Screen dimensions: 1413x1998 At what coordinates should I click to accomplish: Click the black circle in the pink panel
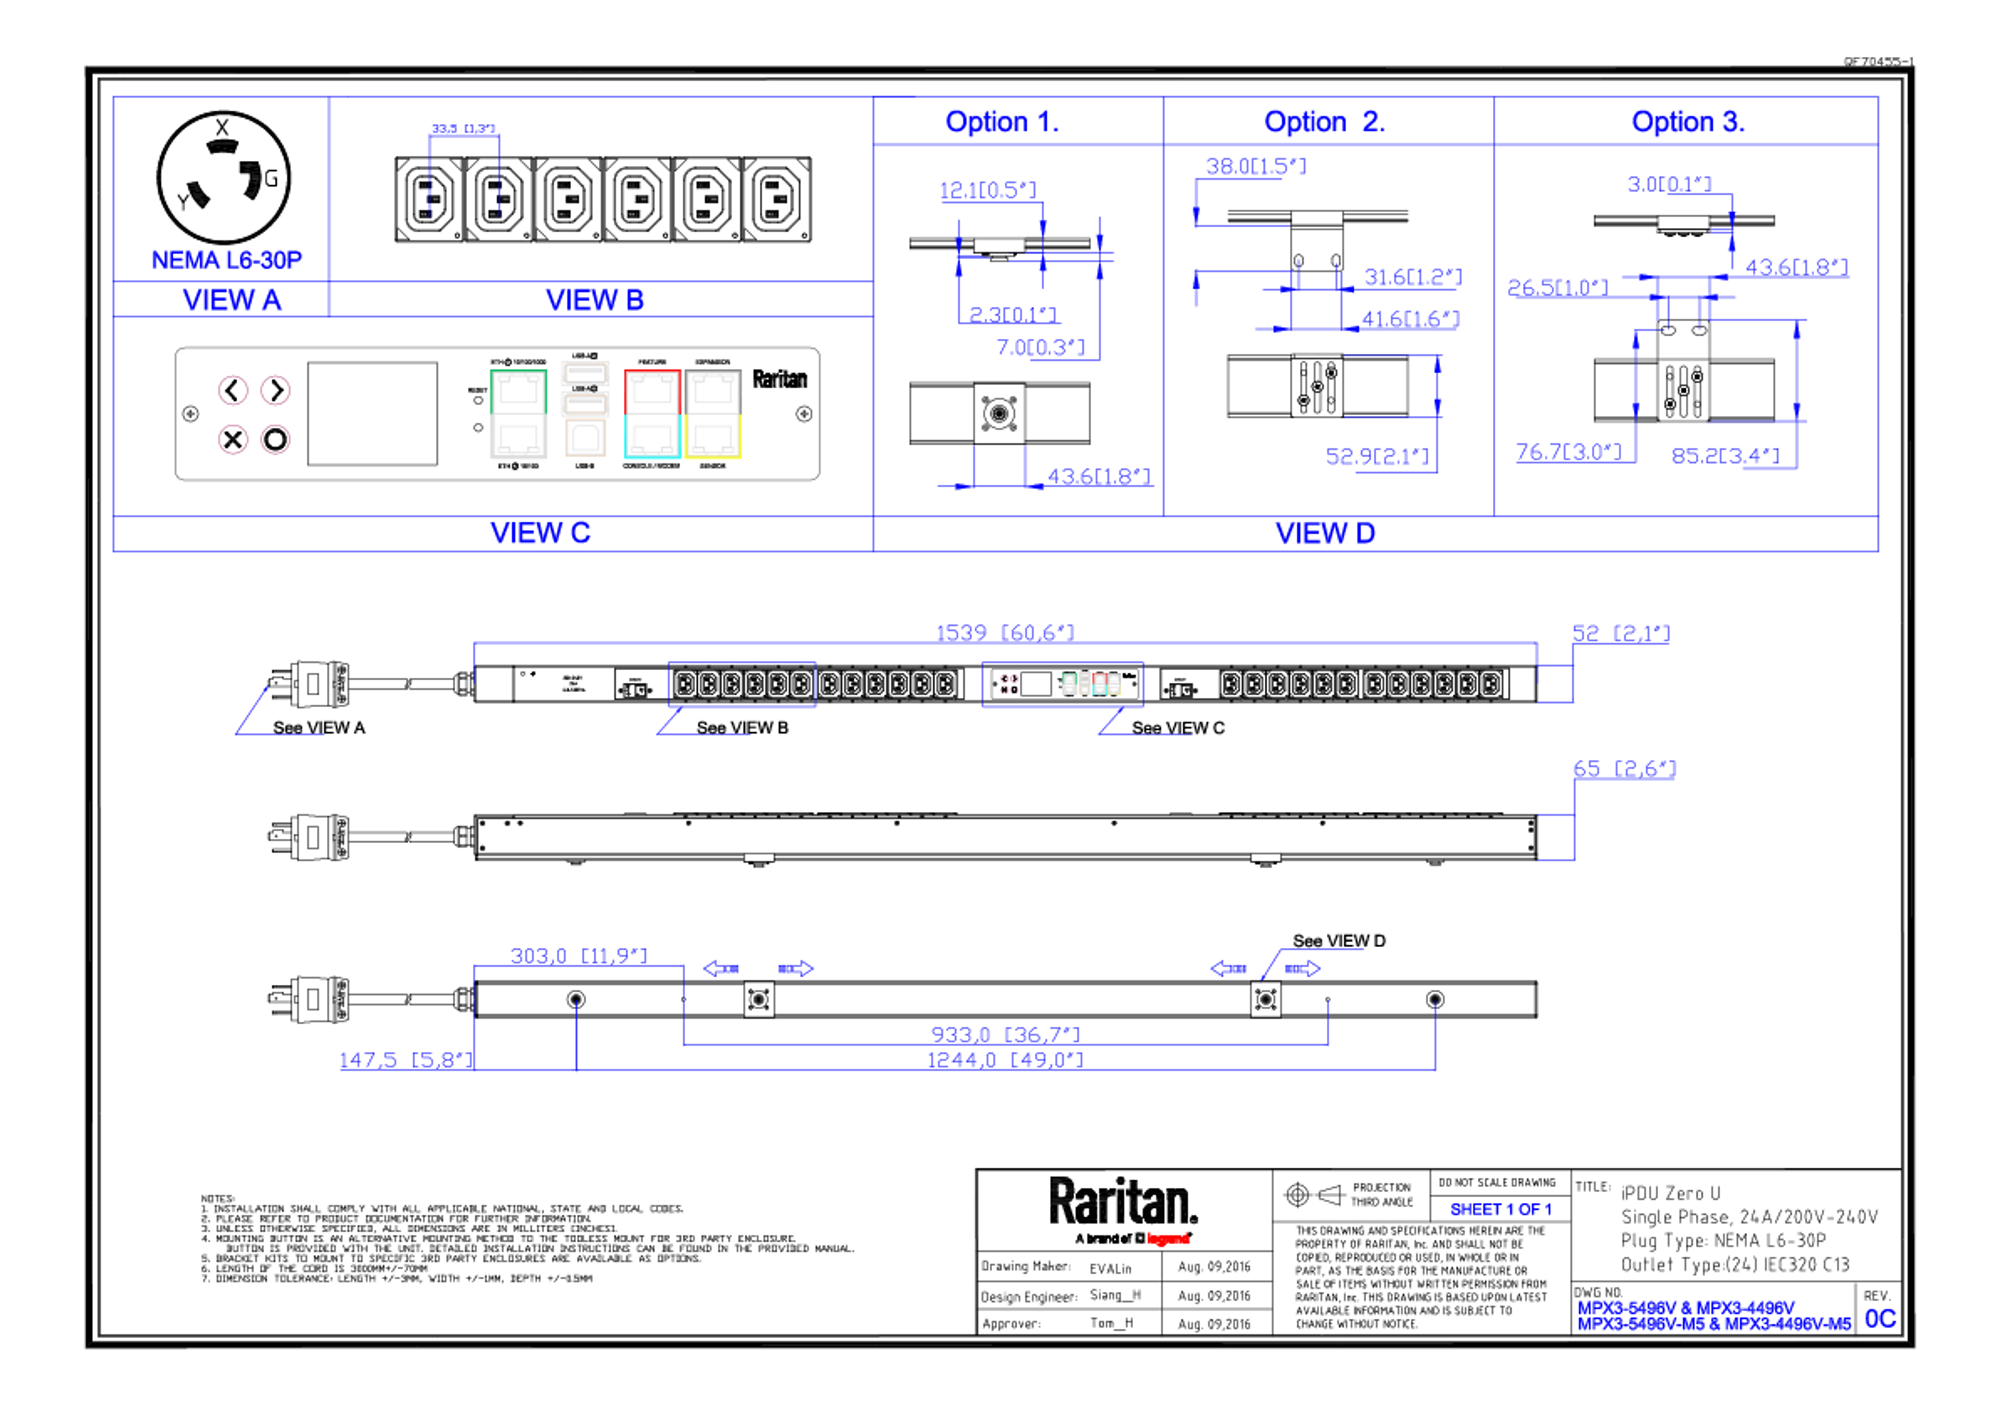click(275, 440)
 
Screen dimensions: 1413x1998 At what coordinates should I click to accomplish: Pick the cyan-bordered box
click(652, 437)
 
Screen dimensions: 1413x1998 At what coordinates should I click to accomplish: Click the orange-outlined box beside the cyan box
click(586, 438)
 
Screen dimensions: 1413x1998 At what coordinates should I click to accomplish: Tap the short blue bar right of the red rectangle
click(1510, 1210)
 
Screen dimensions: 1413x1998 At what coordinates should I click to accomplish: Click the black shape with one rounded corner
click(241, 180)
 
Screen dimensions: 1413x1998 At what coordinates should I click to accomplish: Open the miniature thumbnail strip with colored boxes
click(1065, 684)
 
